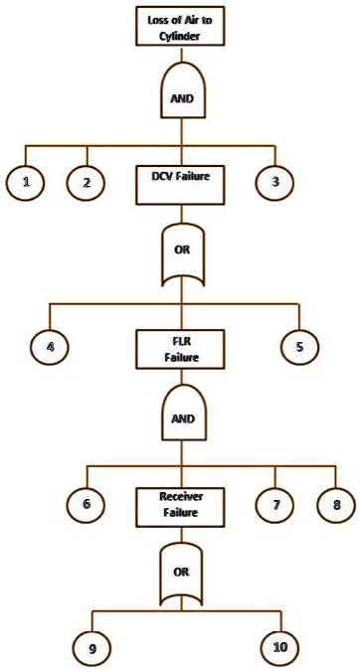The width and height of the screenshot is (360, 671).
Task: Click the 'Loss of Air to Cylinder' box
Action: pyautogui.click(x=179, y=25)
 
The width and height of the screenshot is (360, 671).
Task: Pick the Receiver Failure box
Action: pyautogui.click(x=180, y=506)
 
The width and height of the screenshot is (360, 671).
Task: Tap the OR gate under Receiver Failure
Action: pyautogui.click(x=180, y=574)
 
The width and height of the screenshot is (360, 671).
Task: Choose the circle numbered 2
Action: pyautogui.click(x=87, y=182)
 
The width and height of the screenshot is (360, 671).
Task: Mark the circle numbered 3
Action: pyautogui.click(x=273, y=181)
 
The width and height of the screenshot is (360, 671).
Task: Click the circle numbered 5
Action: pyautogui.click(x=300, y=347)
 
